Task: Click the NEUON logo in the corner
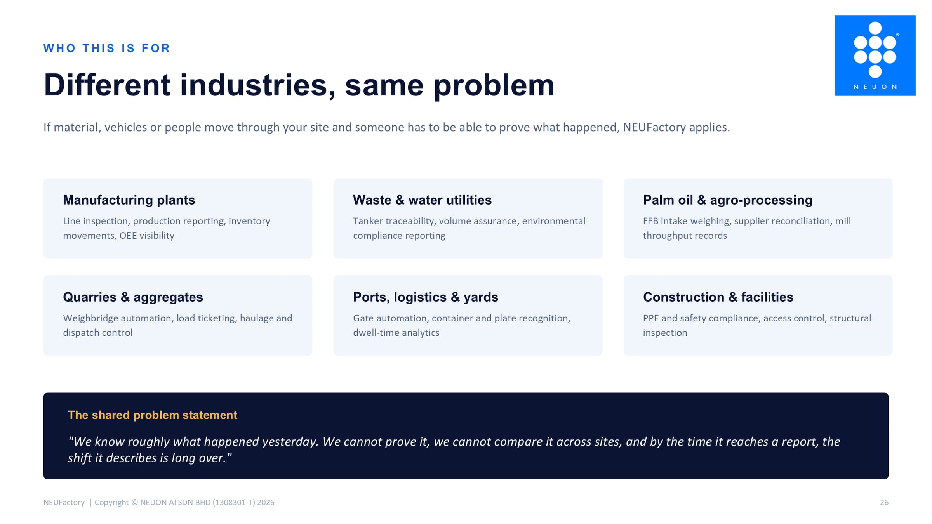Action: (875, 56)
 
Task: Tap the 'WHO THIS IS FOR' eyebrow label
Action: (107, 48)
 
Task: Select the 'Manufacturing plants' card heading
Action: (129, 200)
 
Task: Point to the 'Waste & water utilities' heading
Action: (422, 200)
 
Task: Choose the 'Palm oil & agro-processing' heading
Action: (728, 200)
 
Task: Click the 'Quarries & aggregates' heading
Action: (133, 297)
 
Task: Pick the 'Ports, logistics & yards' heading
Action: (425, 297)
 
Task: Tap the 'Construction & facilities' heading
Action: (718, 297)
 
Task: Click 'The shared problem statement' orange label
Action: (152, 415)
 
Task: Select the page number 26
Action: (884, 502)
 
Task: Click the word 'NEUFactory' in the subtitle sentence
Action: (654, 127)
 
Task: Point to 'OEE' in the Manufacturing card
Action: (128, 236)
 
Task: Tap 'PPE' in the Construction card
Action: (651, 318)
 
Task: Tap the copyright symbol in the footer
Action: (135, 502)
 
